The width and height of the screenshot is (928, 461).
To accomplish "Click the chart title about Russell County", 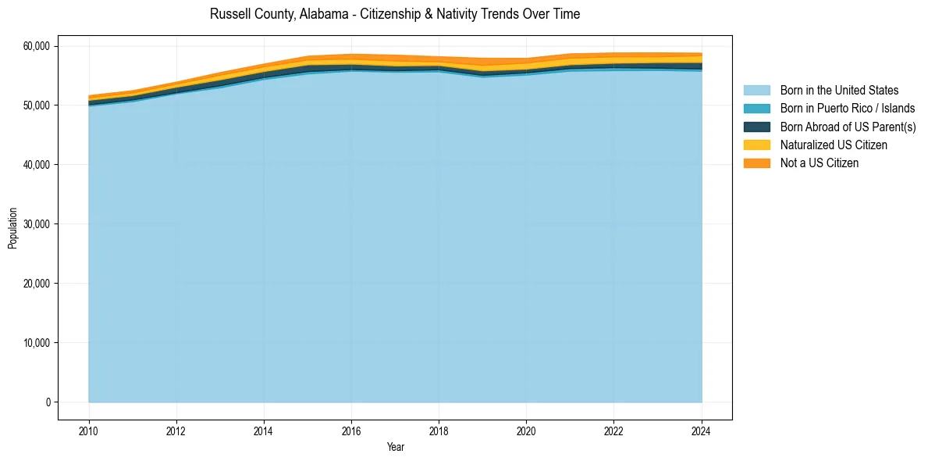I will click(395, 14).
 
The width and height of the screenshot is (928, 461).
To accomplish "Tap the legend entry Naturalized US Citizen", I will click(834, 145).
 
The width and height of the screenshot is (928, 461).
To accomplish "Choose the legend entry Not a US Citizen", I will click(819, 163).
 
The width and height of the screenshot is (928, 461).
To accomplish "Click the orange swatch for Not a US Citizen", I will click(756, 163).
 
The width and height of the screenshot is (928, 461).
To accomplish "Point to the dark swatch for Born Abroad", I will click(756, 127).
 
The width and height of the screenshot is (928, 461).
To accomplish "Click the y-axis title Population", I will click(12, 228).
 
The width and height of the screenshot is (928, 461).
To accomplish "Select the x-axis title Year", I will click(396, 447).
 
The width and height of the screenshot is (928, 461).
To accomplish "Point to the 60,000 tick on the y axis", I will click(36, 46).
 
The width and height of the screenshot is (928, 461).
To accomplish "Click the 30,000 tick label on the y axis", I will click(36, 224).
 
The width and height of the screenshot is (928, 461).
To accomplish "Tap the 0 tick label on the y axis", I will click(48, 402).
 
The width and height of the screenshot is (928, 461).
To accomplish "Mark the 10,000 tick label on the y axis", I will click(36, 343).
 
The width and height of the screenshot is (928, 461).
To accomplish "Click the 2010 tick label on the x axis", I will click(89, 430).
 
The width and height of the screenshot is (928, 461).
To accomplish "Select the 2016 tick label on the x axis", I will click(351, 430).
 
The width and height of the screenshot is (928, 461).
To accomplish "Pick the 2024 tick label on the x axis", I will click(702, 430).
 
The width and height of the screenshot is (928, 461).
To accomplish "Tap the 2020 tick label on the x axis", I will click(526, 430).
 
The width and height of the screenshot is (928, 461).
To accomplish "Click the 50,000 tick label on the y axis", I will click(36, 105).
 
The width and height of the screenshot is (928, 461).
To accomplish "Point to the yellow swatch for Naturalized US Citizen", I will click(756, 145).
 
